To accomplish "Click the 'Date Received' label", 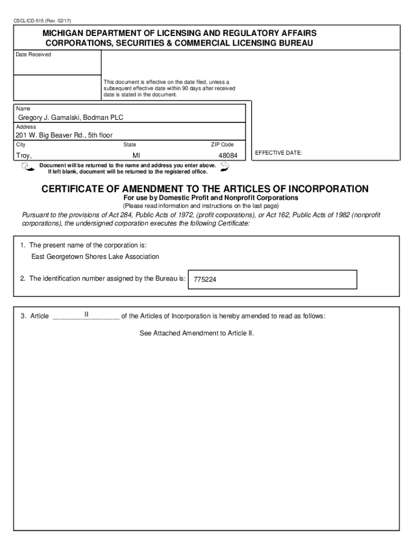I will (x=33, y=55).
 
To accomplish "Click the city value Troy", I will (x=24, y=155).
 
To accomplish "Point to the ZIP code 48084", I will (x=227, y=155).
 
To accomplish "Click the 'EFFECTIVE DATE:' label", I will (x=278, y=153).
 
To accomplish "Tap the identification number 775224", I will (x=205, y=280).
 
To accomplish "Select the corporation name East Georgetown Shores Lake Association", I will (x=95, y=257).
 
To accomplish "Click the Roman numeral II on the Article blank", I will (x=86, y=314).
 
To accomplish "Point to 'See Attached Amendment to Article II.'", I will (x=196, y=333).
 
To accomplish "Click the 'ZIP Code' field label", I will (x=222, y=144).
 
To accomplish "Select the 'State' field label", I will (x=130, y=144).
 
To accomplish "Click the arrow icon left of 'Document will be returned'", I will (x=26, y=168).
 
